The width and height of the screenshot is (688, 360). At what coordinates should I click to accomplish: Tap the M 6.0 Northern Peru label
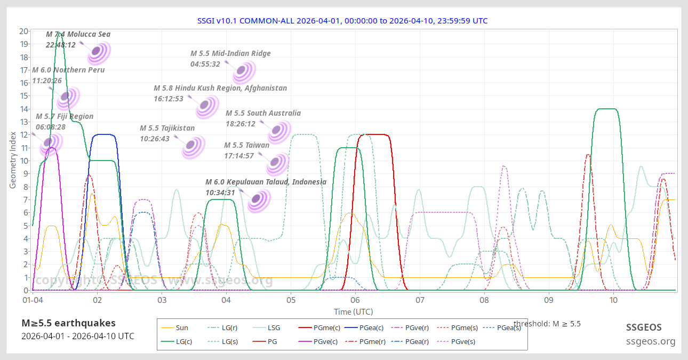pos(68,70)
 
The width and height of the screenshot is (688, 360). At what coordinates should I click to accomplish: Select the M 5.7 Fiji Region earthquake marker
pos(49,142)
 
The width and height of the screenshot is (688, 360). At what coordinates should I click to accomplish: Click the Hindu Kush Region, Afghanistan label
pos(220,88)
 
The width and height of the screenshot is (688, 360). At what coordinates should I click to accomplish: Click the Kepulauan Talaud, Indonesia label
pos(266,182)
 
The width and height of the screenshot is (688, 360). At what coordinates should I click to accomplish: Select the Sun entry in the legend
pos(181,328)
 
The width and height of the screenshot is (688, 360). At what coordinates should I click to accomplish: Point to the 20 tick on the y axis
pos(23,31)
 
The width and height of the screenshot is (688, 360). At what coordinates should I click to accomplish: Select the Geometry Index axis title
pos(13,161)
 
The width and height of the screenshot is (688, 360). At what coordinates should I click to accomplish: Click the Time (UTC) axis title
pos(353,311)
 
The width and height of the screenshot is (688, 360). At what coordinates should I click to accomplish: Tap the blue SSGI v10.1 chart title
pos(342,21)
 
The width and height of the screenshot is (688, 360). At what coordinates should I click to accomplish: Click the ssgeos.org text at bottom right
pos(651,341)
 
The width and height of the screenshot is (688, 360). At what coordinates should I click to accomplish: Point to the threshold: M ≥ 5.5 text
pos(547,323)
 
